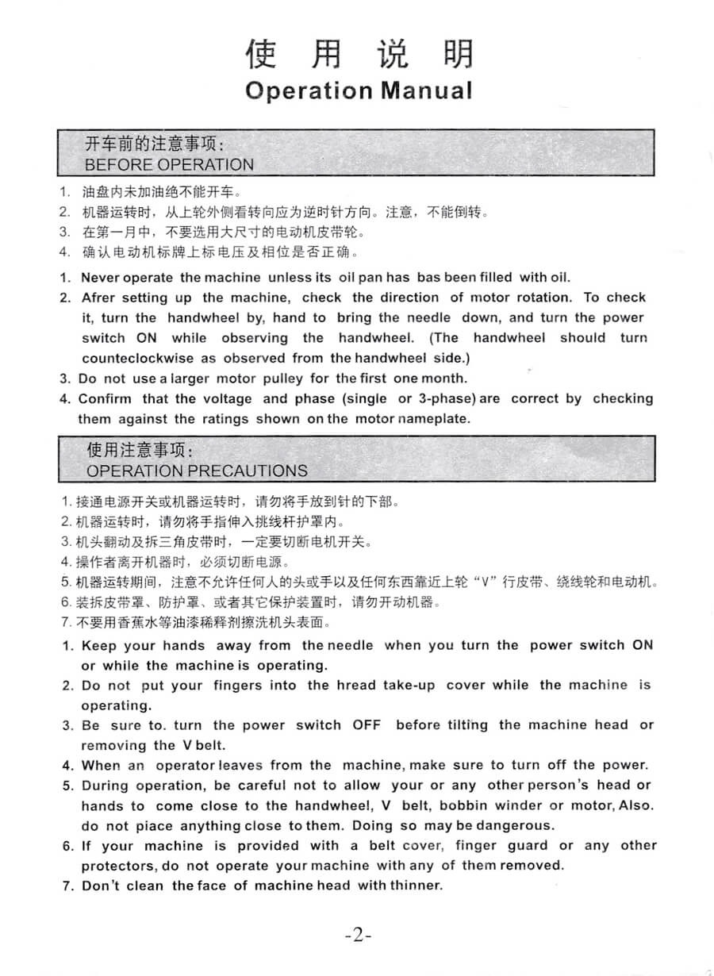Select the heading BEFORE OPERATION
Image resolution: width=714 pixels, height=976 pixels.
click(x=169, y=165)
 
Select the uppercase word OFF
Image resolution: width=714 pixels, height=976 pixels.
click(x=367, y=724)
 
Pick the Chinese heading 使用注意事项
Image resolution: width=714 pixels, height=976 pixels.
click(x=139, y=451)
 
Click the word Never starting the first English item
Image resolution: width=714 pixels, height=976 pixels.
click(x=100, y=278)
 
